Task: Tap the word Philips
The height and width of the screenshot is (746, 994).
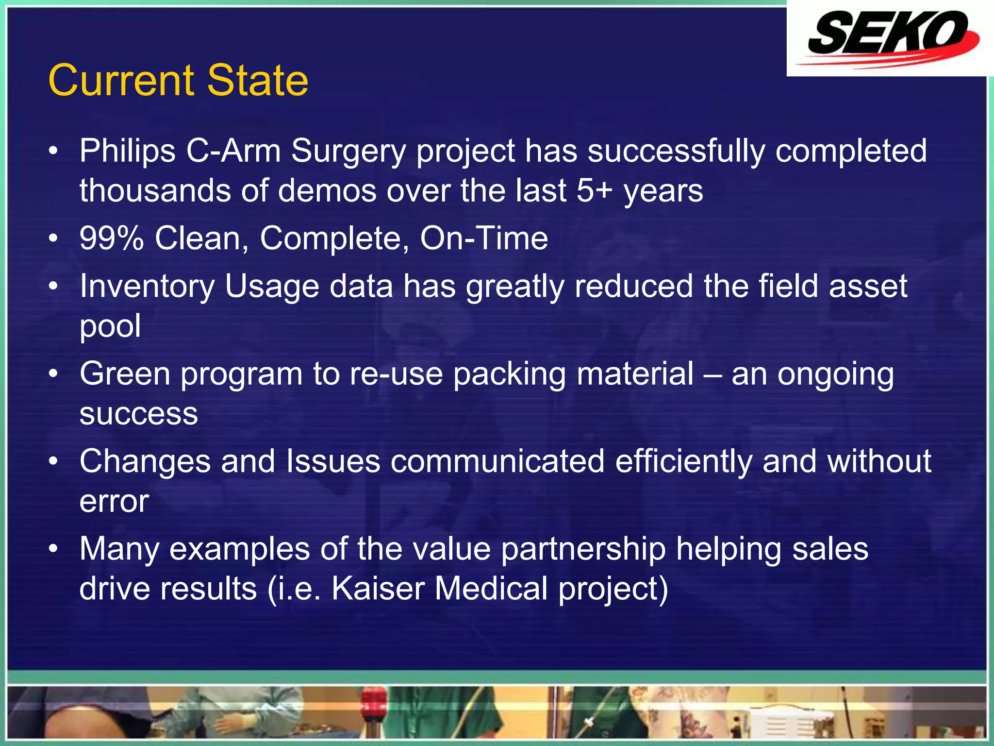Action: click(x=128, y=152)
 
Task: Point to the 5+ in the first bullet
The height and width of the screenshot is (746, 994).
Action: click(x=594, y=190)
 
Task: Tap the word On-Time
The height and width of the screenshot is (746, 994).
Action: click(x=484, y=238)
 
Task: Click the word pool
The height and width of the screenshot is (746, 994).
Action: click(x=110, y=326)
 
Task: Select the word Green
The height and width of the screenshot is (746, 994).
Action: click(x=125, y=374)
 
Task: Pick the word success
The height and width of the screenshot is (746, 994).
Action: click(x=139, y=414)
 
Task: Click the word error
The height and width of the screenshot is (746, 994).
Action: click(x=114, y=502)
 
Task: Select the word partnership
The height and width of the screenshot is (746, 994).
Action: click(x=583, y=549)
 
